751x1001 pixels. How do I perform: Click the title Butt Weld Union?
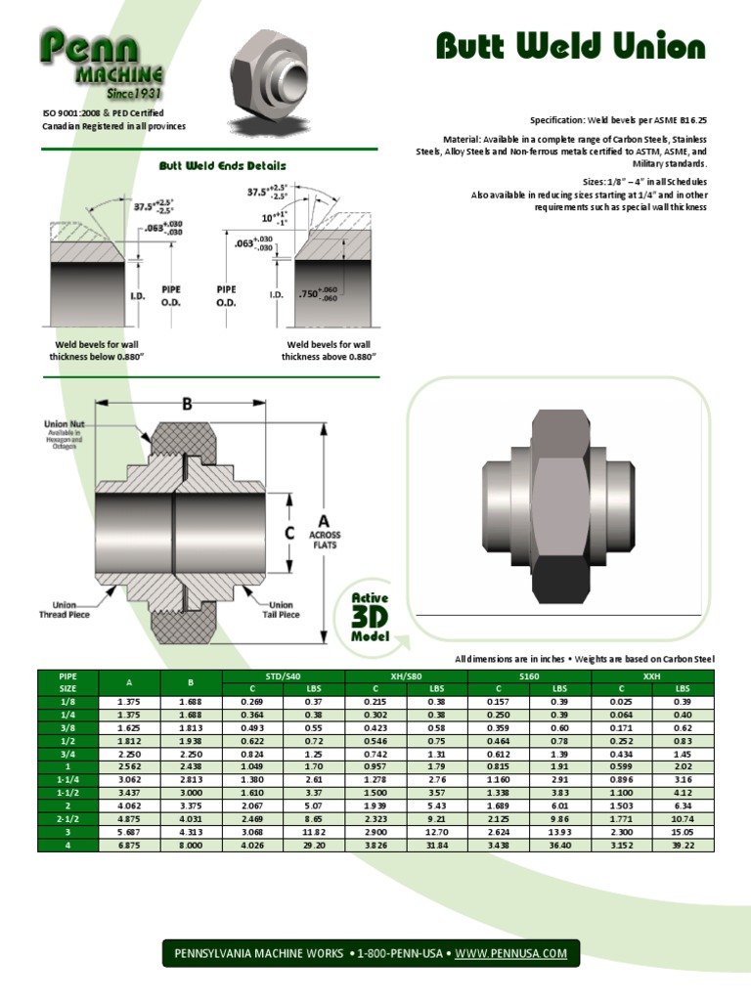click(x=569, y=47)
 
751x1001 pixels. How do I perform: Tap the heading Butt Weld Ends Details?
click(x=223, y=166)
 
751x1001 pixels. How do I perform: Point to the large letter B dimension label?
click(x=182, y=404)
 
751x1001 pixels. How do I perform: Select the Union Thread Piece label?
click(x=67, y=610)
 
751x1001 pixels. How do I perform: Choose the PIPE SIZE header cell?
click(x=67, y=681)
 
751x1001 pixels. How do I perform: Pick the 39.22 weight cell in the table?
click(x=683, y=845)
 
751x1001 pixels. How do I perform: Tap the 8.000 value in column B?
click(x=192, y=845)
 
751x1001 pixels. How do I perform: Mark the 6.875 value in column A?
click(x=129, y=845)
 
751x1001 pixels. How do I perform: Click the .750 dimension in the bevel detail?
click(x=319, y=294)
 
